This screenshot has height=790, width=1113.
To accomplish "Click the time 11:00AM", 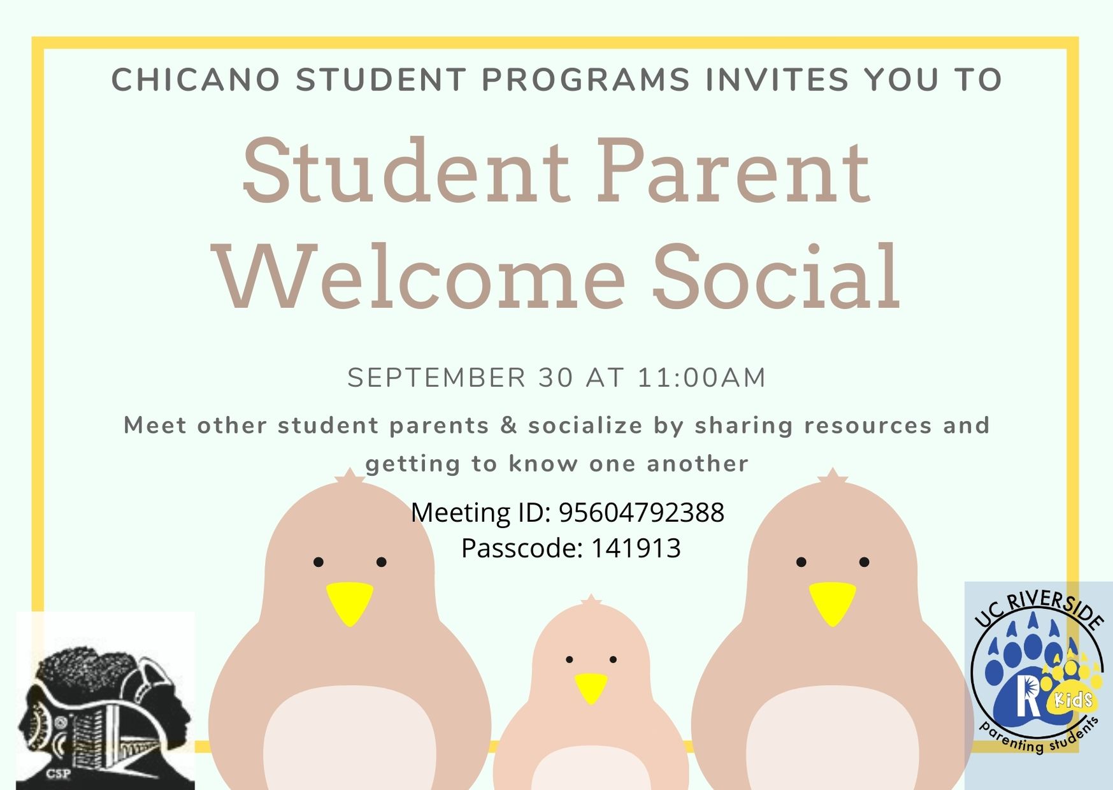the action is pos(701,378).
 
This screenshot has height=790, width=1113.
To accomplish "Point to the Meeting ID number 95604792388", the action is pos(642,512).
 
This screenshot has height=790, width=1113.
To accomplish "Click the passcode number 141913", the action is pos(636,548).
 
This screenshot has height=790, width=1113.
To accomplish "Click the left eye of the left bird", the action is pos(319,562).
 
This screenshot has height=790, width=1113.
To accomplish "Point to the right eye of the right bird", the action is pos(864,562).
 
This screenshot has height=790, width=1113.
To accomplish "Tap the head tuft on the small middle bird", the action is pos(591,600).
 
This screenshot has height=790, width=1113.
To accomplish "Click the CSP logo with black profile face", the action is pos(105,701).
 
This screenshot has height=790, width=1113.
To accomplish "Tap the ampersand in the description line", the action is pos(508,426).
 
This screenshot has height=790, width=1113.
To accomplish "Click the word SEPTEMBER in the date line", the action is pos(436,378).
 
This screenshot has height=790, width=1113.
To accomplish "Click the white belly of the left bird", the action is pos(350,739).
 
